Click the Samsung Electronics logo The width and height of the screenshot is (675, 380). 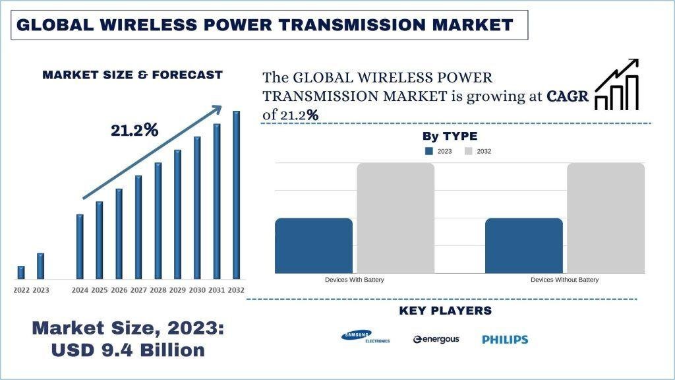[365, 337]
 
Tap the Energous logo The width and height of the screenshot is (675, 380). [436, 339]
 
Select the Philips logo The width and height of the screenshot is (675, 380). [505, 339]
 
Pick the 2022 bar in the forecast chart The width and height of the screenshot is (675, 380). [21, 272]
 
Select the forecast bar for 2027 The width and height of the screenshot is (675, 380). [138, 227]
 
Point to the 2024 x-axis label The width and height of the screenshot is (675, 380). [80, 290]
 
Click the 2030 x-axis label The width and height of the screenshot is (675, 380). [197, 290]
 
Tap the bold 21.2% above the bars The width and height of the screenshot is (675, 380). [134, 131]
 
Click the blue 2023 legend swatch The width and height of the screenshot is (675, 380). [429, 151]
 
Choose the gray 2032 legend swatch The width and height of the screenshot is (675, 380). [469, 151]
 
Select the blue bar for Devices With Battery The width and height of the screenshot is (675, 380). [314, 245]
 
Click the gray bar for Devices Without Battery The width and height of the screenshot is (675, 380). [605, 218]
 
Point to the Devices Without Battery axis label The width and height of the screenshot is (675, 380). [564, 280]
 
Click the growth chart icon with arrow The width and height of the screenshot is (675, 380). [617, 84]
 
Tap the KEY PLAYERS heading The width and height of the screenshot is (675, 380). [445, 311]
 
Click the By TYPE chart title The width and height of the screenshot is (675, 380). [450, 137]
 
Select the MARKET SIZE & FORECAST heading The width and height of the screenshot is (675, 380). [132, 75]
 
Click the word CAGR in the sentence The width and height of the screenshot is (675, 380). [568, 96]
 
